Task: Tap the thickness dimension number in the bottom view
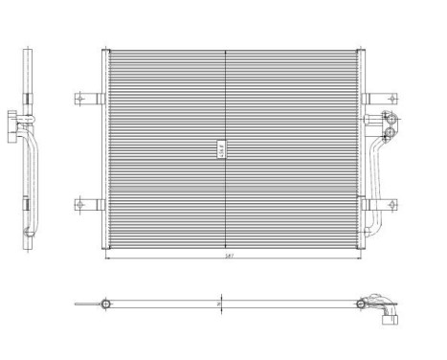pos(219,305)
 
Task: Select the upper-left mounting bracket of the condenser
pos(87,97)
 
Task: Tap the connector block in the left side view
pos(13,122)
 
